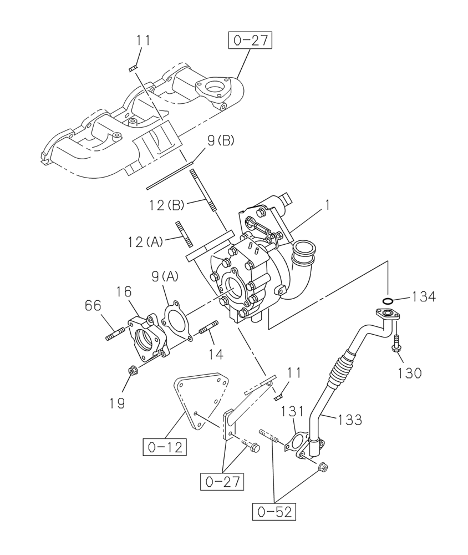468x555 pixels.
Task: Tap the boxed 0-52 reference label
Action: (x=274, y=512)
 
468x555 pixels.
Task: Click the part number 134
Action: (x=423, y=297)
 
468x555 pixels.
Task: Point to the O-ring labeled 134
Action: (x=388, y=301)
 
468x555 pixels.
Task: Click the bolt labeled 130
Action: (x=397, y=344)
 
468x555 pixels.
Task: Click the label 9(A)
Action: (x=166, y=275)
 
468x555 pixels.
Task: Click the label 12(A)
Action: (x=144, y=242)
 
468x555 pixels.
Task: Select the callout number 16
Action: (x=124, y=291)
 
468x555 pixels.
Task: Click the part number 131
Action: (x=291, y=411)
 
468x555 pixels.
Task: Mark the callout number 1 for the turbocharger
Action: (x=328, y=205)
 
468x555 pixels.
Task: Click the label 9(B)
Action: (x=221, y=142)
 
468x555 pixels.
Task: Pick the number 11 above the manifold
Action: (x=143, y=40)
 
